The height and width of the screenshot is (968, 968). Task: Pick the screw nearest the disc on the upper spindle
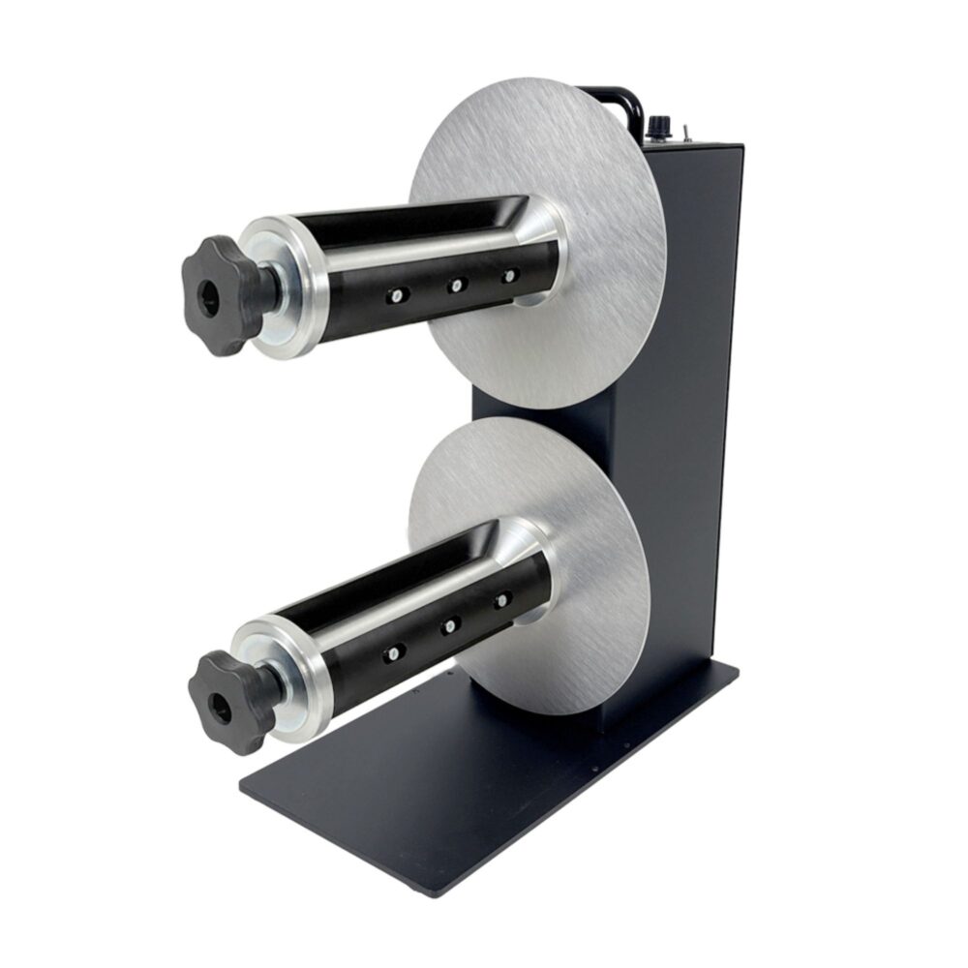(508, 277)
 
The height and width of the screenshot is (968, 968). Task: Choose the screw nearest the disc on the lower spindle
(501, 601)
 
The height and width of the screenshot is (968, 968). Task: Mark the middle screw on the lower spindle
(449, 627)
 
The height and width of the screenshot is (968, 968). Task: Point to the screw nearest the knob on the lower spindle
(392, 653)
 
